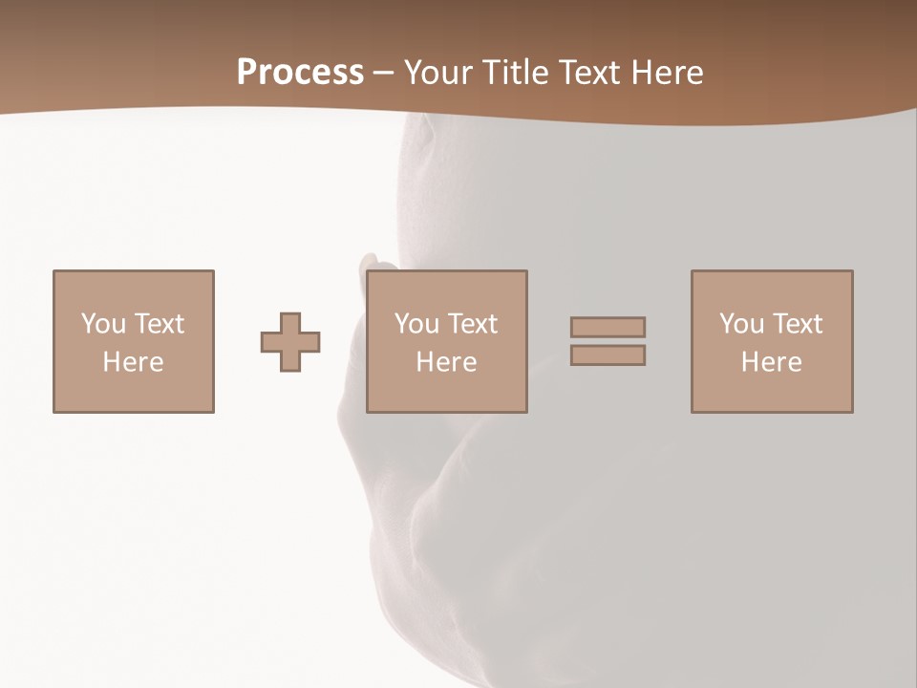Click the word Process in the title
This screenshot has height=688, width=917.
[x=300, y=73]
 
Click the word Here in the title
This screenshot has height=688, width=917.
[x=671, y=73]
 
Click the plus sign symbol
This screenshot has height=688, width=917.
[x=290, y=342]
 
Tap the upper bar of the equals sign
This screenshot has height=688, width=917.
[x=608, y=327]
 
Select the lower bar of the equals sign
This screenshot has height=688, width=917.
[x=608, y=355]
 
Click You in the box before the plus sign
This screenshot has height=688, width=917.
[x=102, y=324]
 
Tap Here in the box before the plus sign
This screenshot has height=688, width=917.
[x=133, y=362]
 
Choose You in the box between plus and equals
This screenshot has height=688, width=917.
[x=416, y=324]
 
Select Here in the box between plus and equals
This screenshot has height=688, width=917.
[x=447, y=362]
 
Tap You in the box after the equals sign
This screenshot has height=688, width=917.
[x=741, y=324]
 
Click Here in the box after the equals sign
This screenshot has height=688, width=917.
[x=772, y=362]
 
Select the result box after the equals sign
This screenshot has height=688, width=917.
[x=772, y=392]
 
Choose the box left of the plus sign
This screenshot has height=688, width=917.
[x=133, y=392]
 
